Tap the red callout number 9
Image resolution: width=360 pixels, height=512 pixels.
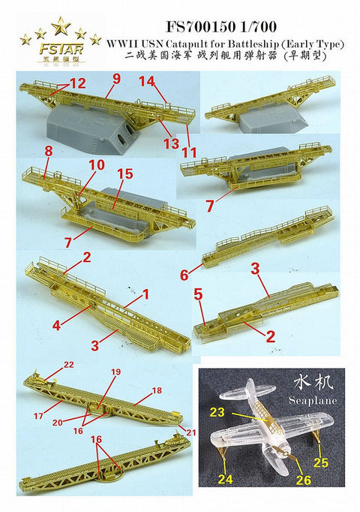pos(116,78)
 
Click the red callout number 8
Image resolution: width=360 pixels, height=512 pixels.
pos(49,150)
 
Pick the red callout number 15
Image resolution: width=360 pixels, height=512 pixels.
pos(124,174)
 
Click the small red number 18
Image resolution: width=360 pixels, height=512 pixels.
pos(157,391)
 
